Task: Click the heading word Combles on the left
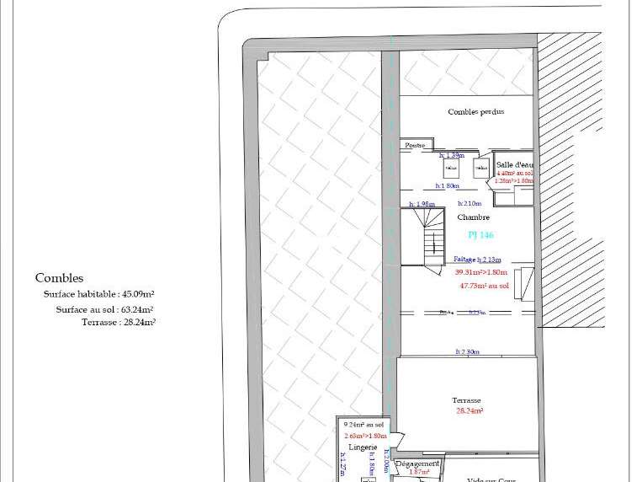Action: (59, 278)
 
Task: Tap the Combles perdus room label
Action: (476, 112)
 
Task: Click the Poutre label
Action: (415, 146)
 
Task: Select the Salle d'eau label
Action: (514, 164)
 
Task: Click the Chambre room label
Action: (473, 217)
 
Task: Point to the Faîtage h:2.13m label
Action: (477, 260)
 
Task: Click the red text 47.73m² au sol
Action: (485, 286)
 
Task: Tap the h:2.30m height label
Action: (467, 351)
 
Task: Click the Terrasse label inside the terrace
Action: (466, 400)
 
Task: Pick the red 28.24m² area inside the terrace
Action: (469, 411)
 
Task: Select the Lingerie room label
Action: (364, 447)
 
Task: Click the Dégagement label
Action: (417, 464)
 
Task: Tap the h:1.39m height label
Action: (452, 155)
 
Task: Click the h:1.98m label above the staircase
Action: (422, 204)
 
